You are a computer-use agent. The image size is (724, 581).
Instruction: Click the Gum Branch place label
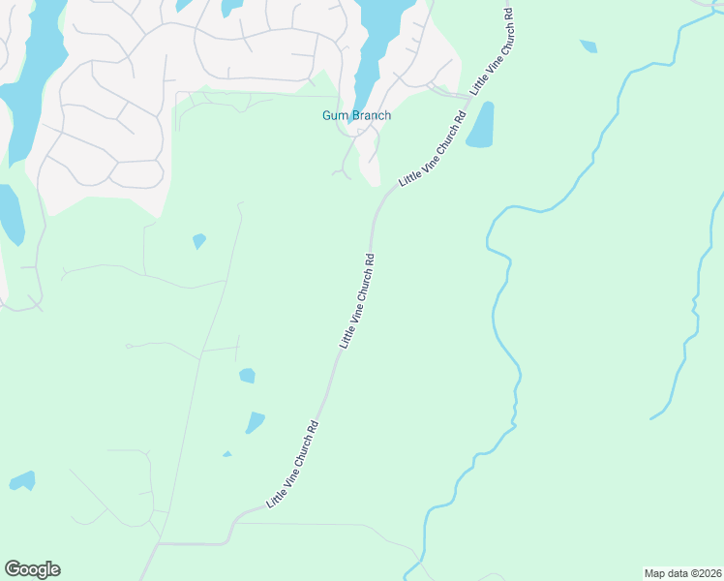(357, 116)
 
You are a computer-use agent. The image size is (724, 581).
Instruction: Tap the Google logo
(32, 569)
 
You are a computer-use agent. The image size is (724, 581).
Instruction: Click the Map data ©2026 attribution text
(682, 573)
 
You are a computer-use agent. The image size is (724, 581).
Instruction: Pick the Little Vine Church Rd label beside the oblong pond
(433, 149)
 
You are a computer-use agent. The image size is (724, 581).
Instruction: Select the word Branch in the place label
(371, 116)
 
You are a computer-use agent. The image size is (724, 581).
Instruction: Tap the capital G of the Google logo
(13, 569)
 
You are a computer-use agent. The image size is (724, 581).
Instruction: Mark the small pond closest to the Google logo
(22, 480)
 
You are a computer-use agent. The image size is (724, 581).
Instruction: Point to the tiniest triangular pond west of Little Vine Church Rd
(227, 453)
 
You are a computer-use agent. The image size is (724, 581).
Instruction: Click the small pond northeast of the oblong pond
(588, 46)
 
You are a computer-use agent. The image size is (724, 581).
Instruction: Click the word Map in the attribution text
(655, 573)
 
